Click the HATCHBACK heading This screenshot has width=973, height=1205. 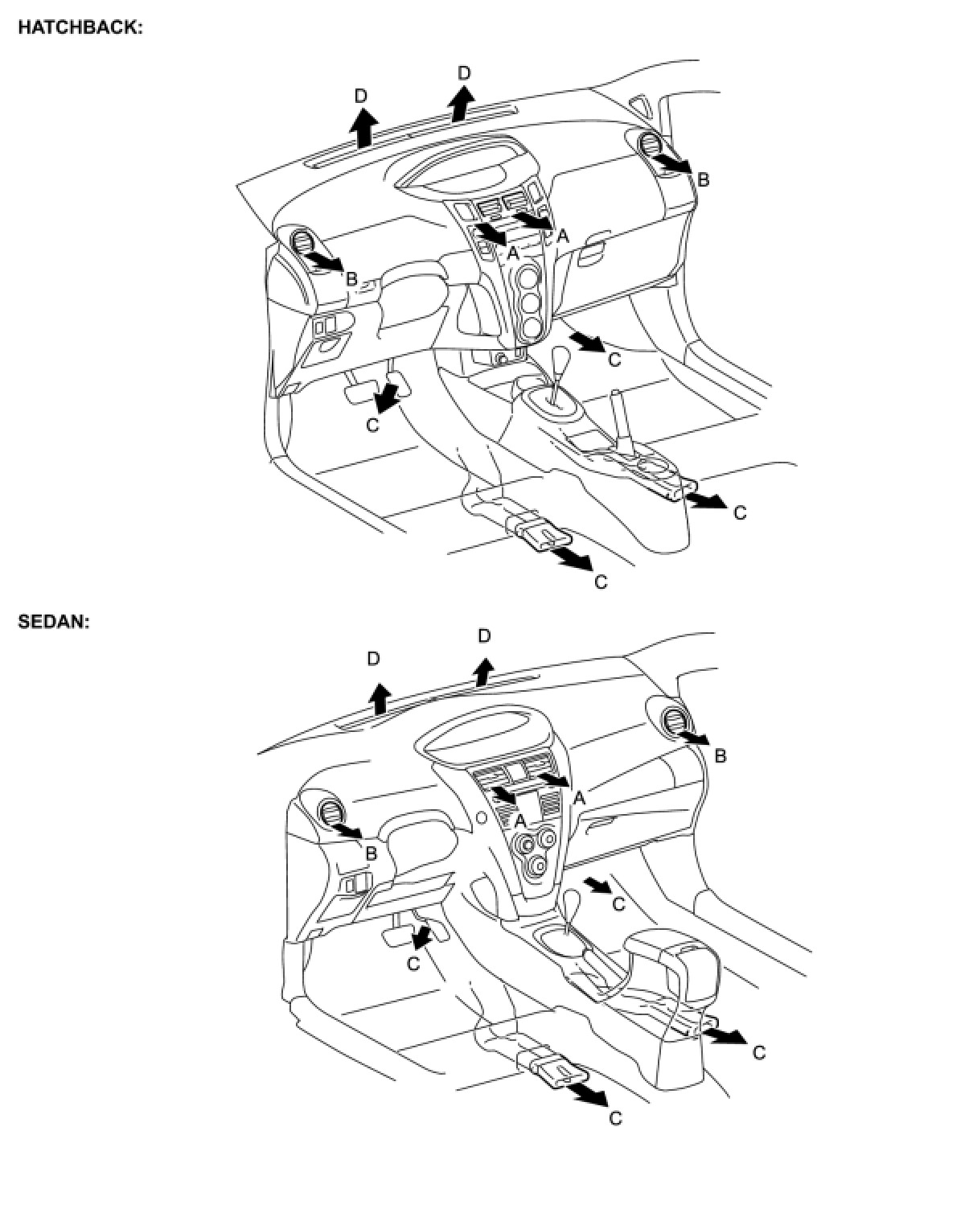coord(80,27)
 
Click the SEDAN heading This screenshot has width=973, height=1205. coord(53,622)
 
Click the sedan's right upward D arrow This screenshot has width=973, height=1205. coord(482,671)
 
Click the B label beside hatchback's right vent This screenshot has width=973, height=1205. coord(703,179)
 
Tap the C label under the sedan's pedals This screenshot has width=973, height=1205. coord(413,963)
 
